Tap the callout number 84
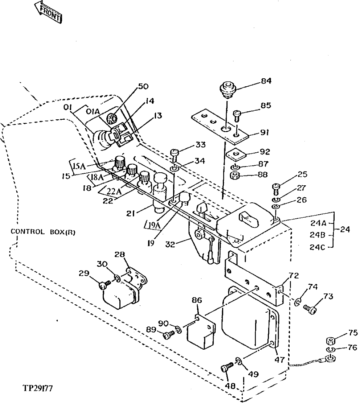click(x=266, y=81)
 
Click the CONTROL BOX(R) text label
click(x=43, y=232)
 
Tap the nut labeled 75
click(x=330, y=340)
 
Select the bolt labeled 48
click(x=225, y=369)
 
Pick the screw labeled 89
click(x=168, y=336)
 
